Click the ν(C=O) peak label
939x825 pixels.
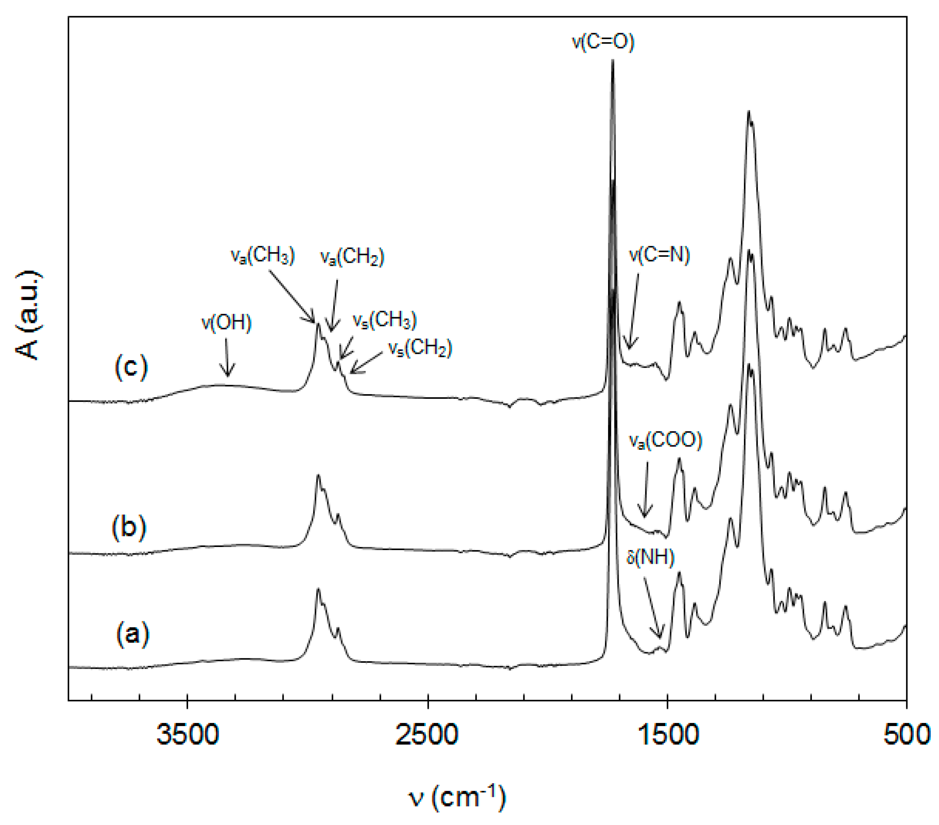tap(603, 42)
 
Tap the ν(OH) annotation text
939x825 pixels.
tap(226, 323)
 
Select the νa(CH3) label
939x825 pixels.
tap(262, 255)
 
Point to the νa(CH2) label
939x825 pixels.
tap(352, 257)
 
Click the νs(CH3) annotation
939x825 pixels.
tap(384, 320)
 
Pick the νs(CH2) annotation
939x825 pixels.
tap(420, 348)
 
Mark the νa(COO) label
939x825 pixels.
tap(665, 440)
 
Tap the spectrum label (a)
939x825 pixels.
tap(132, 634)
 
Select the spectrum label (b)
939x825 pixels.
tap(129, 526)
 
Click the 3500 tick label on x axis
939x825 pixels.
tap(187, 734)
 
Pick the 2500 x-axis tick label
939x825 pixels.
tap(427, 734)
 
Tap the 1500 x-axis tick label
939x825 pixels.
tap(668, 734)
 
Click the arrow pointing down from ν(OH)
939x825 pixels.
tap(226, 358)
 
